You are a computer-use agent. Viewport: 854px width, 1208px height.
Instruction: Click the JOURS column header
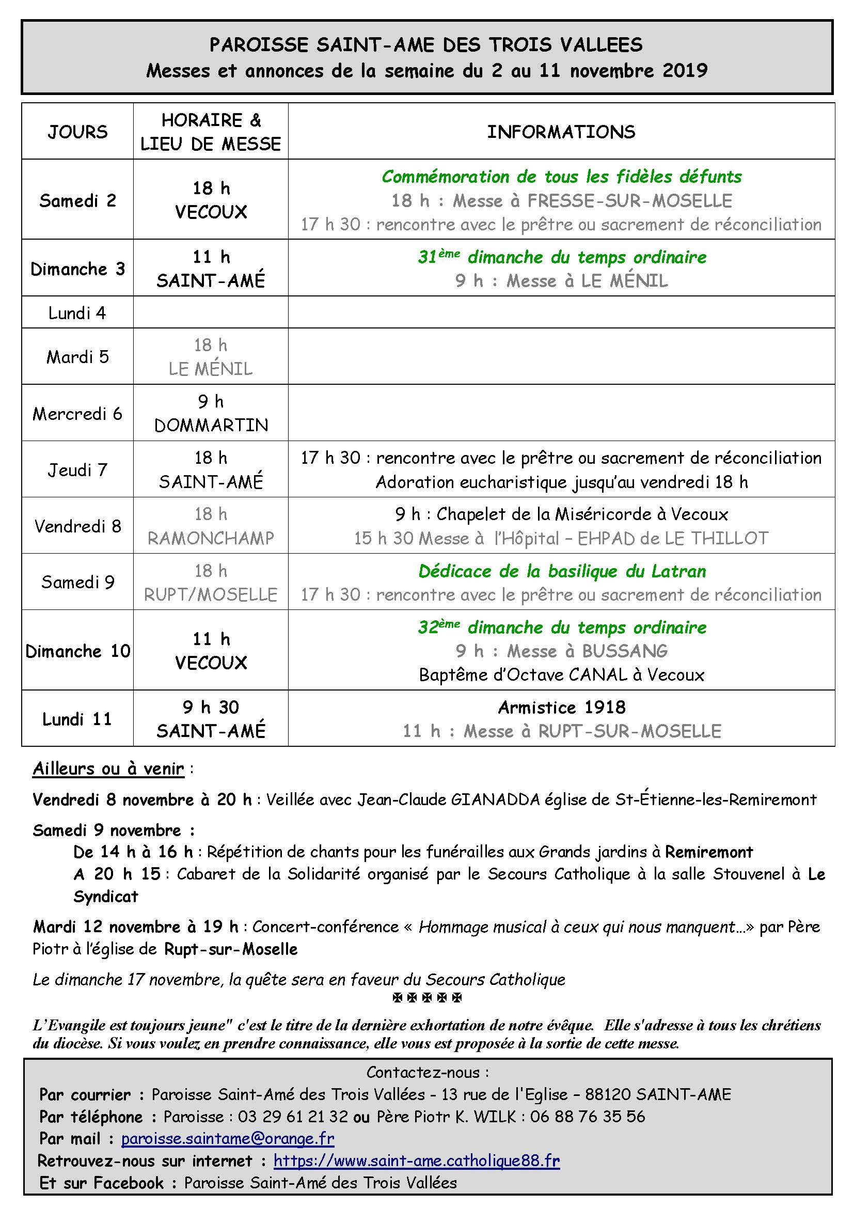77,132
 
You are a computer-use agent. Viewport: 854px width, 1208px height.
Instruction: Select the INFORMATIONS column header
561,132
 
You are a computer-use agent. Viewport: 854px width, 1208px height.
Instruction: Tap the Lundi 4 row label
77,313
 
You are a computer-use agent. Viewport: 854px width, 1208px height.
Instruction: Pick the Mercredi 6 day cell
77,414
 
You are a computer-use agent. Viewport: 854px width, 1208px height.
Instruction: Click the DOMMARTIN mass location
211,425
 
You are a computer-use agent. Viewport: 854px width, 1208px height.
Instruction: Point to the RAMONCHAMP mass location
211,538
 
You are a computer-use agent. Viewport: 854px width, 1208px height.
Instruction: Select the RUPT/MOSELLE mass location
211,594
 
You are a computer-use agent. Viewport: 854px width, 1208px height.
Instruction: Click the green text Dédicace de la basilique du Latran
562,571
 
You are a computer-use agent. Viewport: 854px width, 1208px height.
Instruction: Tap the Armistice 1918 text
562,707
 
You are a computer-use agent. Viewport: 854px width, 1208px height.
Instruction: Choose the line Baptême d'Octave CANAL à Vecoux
562,674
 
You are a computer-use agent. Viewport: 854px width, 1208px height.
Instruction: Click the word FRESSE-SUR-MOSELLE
629,200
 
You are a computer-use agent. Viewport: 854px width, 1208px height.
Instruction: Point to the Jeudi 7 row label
77,470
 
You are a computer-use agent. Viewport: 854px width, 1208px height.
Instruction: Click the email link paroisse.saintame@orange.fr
228,1139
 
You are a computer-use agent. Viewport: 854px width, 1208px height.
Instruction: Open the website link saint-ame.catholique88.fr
417,1160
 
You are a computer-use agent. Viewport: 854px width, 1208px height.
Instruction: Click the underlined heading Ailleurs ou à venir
108,768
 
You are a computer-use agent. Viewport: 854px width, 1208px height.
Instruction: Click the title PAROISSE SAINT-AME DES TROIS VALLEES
426,45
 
